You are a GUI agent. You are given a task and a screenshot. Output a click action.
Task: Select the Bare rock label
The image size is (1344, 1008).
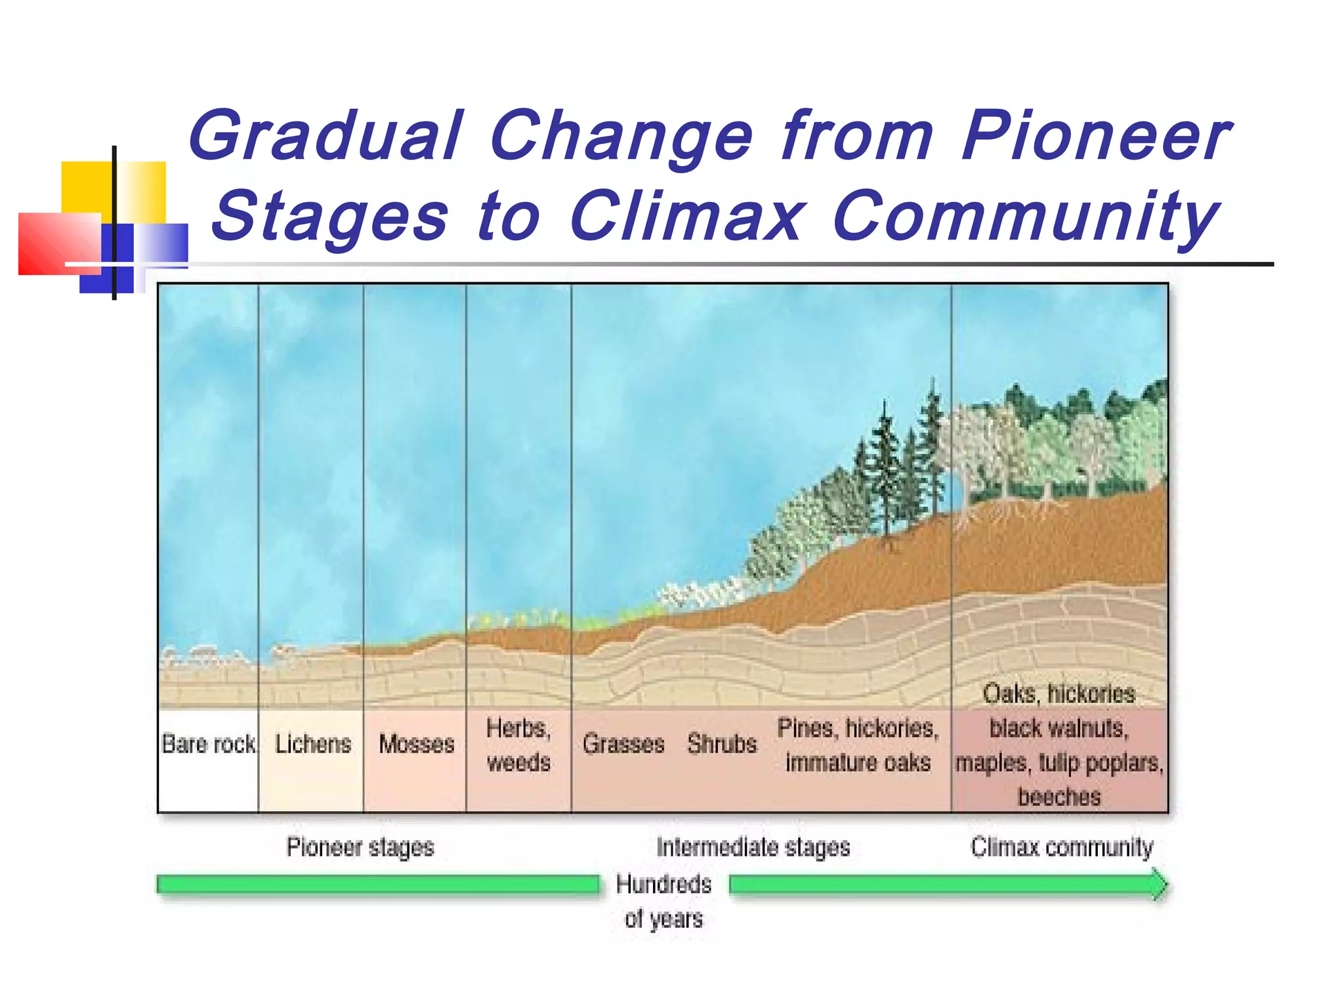[x=208, y=744]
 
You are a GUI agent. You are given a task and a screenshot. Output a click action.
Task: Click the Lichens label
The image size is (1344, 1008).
[x=313, y=744]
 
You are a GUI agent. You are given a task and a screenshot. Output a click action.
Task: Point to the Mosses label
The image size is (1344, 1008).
[x=417, y=744]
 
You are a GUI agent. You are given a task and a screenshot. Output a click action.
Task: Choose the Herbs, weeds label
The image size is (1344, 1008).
[x=518, y=745]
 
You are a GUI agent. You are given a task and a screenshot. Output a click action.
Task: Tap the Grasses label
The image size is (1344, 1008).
[x=623, y=744]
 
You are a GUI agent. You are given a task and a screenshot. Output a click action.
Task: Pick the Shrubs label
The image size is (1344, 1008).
[x=722, y=744]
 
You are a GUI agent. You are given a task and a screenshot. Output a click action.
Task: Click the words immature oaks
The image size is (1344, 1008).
[x=858, y=763]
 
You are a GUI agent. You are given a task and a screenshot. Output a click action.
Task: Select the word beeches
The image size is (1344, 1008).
[x=1059, y=797]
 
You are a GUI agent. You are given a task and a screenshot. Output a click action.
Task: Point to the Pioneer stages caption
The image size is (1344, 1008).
[x=360, y=847]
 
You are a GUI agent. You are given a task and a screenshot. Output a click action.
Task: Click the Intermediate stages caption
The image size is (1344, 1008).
[x=753, y=847]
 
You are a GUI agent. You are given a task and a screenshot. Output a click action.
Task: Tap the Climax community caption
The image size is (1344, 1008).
[x=1062, y=847]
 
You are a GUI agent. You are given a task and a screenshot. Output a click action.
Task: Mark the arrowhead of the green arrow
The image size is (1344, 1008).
[x=1160, y=885]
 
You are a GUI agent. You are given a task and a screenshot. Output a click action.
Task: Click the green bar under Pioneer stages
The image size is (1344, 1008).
[x=377, y=885]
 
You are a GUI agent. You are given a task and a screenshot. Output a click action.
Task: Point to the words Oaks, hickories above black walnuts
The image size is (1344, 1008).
[x=1059, y=694]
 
